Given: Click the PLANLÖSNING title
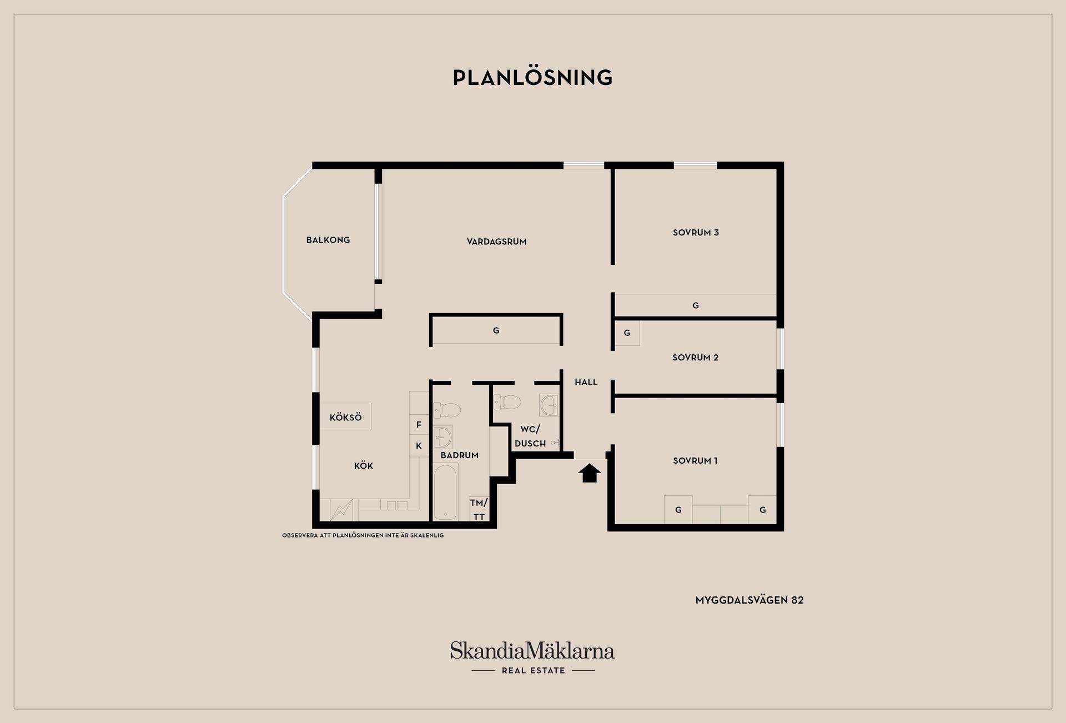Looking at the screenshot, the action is (x=532, y=77).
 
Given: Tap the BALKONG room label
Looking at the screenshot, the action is (x=328, y=240).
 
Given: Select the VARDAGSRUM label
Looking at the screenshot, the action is (x=496, y=242).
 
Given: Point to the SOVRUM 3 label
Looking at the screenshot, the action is (x=696, y=233).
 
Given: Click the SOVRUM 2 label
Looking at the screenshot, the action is (x=695, y=358).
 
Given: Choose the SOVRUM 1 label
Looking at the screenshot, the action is (x=695, y=460).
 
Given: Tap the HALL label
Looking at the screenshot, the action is (x=586, y=382).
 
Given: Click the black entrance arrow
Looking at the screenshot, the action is (x=590, y=474).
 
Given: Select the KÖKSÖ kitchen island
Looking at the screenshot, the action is (x=345, y=416).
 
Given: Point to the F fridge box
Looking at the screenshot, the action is (x=419, y=425).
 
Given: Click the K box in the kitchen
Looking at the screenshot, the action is (x=419, y=445).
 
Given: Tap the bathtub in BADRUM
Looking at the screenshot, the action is (x=445, y=492).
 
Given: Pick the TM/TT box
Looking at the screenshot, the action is (x=479, y=509).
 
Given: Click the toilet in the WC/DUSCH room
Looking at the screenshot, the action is (x=507, y=401).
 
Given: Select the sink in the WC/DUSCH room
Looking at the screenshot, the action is (x=549, y=405).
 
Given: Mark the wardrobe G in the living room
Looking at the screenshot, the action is (x=496, y=330).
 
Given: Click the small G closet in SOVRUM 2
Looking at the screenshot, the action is (x=627, y=333).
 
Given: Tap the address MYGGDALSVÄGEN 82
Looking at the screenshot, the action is (x=750, y=600).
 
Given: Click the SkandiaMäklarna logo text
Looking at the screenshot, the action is (x=532, y=650).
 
